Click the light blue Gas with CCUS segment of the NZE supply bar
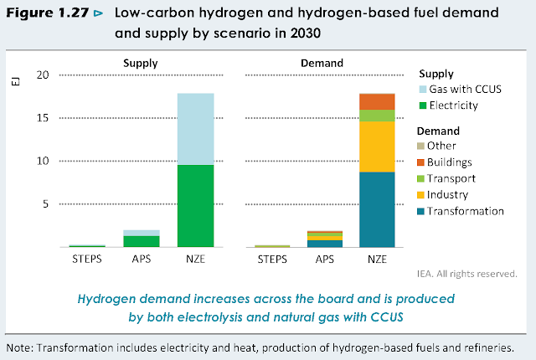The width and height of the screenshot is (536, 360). tap(195, 129)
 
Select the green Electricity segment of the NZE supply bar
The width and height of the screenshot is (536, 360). tap(195, 206)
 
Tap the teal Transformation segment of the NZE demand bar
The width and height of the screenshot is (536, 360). tap(377, 209)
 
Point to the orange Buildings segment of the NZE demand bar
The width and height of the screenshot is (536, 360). tap(377, 101)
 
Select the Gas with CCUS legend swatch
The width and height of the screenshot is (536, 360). tap(423, 90)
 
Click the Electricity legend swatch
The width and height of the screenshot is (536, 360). tap(423, 105)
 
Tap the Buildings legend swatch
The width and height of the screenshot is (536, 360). tap(423, 162)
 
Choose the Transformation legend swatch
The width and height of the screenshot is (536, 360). tap(423, 211)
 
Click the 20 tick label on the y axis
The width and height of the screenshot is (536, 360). tap(44, 75)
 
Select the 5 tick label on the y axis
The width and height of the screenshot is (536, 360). tap(47, 204)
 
